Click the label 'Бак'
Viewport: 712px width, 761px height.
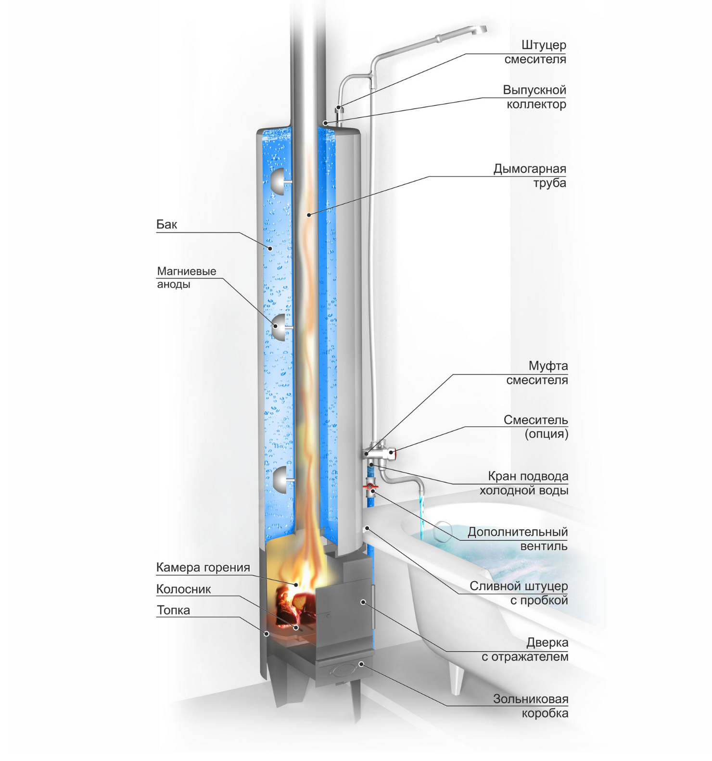click(166, 225)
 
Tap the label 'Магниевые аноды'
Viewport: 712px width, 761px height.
click(186, 278)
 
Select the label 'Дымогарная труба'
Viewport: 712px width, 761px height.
click(530, 176)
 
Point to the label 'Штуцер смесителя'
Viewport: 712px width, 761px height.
click(535, 52)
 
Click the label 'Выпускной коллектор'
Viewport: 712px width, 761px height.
click(534, 97)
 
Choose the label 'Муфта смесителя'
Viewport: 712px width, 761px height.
click(537, 373)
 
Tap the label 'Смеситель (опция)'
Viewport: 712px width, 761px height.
click(536, 427)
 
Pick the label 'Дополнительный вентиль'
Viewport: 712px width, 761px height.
click(518, 539)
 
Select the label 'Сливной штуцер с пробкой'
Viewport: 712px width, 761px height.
click(519, 593)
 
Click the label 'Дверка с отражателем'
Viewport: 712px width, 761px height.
click(525, 649)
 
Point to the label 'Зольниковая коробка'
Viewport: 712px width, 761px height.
click(531, 706)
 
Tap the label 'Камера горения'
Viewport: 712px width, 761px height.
click(203, 568)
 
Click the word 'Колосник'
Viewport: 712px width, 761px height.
click(183, 589)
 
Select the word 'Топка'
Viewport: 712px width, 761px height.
click(173, 610)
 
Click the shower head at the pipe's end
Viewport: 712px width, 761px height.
click(479, 30)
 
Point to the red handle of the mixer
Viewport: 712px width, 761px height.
click(392, 452)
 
